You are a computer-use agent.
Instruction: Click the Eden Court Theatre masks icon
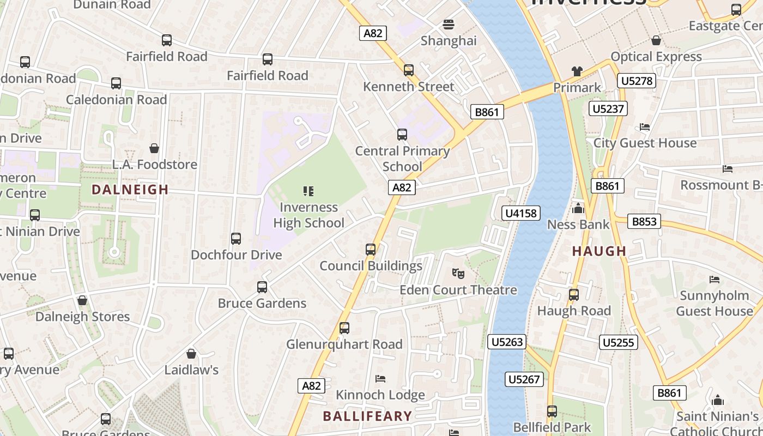click(x=458, y=273)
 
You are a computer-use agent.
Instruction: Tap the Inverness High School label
click(x=308, y=215)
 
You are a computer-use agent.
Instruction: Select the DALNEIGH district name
click(x=130, y=190)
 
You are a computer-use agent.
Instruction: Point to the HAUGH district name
click(x=599, y=251)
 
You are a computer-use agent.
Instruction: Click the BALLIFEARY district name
click(x=367, y=416)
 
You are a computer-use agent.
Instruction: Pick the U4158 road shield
click(x=521, y=213)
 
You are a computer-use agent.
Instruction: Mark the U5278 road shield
click(x=637, y=81)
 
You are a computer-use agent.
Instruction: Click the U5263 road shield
click(x=507, y=342)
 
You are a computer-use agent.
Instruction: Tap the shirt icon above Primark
click(x=577, y=71)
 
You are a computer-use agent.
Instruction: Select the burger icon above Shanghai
click(x=449, y=25)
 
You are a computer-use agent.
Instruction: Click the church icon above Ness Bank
click(x=578, y=208)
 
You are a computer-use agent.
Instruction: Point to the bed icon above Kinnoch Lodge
click(x=380, y=379)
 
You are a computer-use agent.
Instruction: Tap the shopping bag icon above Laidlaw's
click(x=191, y=354)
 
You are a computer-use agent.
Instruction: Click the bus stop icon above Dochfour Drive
click(x=236, y=239)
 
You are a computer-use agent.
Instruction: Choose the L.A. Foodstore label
click(x=155, y=164)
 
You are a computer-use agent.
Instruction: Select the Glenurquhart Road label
click(x=344, y=344)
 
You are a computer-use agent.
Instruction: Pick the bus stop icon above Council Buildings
click(x=371, y=250)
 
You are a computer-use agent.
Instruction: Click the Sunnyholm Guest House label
click(x=714, y=303)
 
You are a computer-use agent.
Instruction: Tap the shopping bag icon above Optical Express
click(x=656, y=41)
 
